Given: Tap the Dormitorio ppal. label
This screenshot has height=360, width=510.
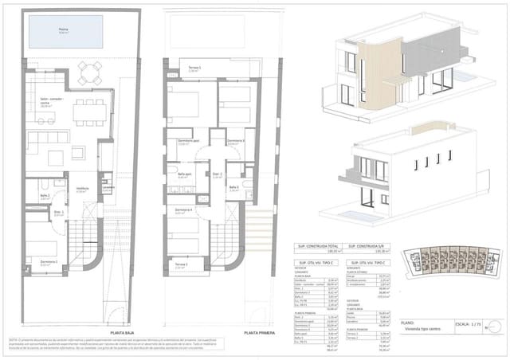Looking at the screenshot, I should point(182,143).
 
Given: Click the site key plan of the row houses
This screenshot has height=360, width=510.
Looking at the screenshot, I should point(447,260).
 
